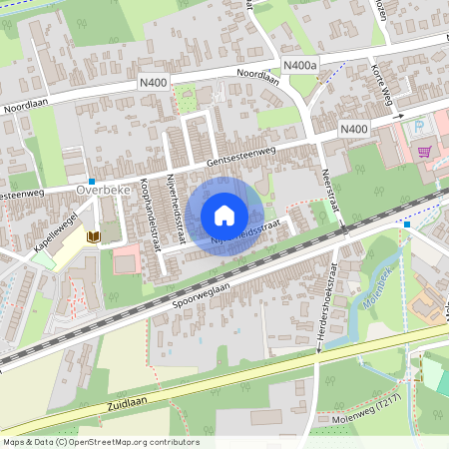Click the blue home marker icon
(224, 216)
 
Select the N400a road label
(299, 64)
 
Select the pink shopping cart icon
(426, 152)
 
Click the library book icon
(94, 236)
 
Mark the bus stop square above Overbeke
(92, 170)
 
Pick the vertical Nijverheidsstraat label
(180, 205)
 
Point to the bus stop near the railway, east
(407, 224)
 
